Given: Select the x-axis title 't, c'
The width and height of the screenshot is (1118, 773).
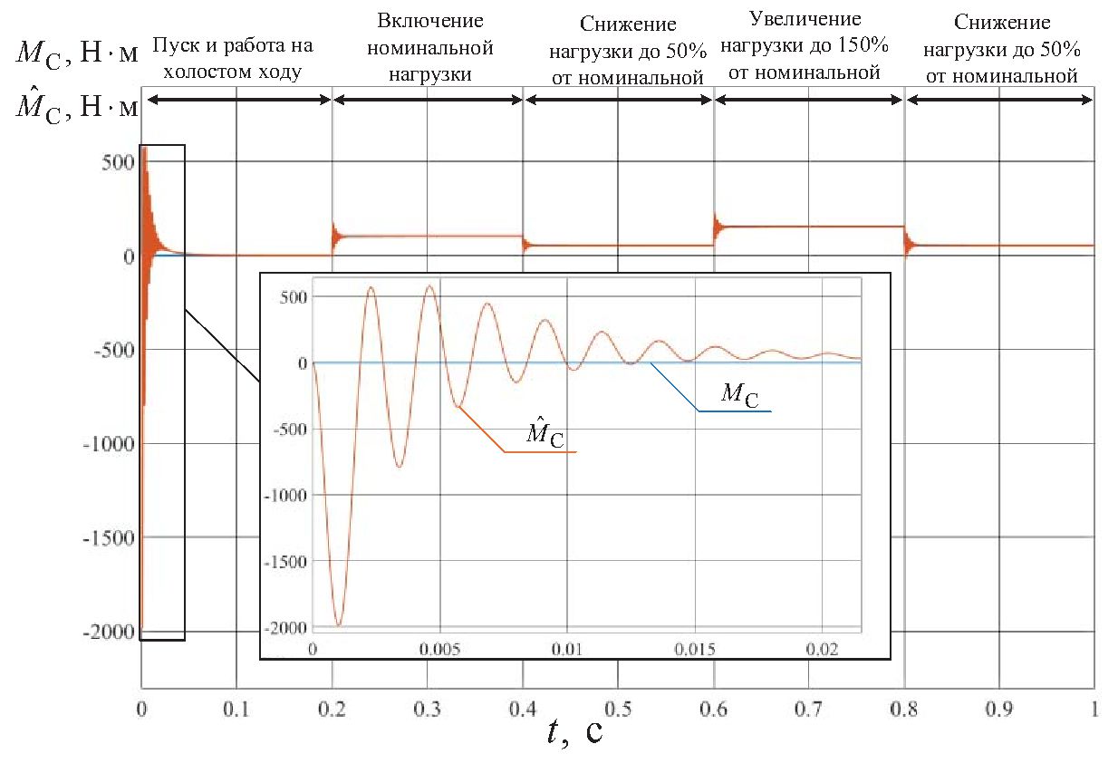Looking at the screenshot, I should tap(574, 732).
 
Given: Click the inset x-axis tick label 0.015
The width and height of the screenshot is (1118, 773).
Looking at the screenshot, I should tap(695, 649).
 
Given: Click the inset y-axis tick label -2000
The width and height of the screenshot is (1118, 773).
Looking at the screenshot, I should tap(284, 627).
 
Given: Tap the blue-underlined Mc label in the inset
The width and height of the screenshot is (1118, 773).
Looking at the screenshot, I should tap(739, 395).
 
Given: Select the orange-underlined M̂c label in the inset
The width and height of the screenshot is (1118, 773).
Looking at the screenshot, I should tap(545, 436).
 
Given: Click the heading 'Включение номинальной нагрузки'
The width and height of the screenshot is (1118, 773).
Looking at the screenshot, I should tap(429, 47).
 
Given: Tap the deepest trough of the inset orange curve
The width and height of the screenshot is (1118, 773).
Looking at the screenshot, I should tap(338, 624).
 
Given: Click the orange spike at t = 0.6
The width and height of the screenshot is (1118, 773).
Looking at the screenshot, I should tap(717, 223).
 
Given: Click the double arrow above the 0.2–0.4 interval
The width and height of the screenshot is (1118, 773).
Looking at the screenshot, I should tap(428, 100).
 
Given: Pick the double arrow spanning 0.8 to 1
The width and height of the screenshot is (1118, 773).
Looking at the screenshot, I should tap(999, 100).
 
